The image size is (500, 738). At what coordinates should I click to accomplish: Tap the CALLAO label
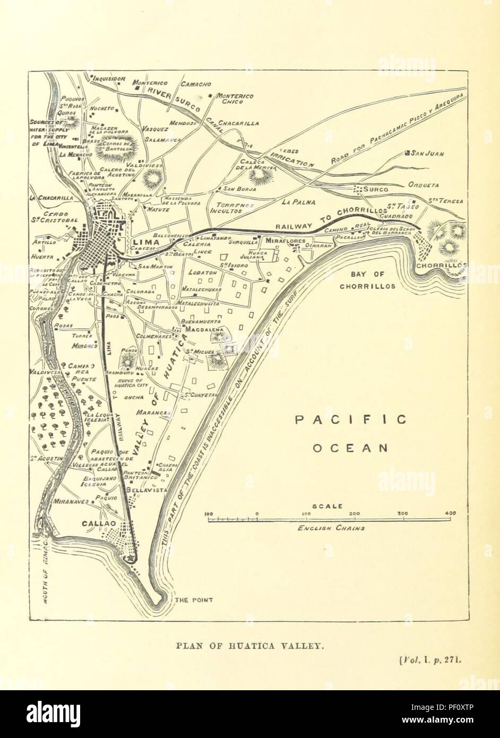click(x=99, y=523)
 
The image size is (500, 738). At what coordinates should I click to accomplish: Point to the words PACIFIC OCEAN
click(x=351, y=433)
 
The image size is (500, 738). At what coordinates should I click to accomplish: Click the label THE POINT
click(x=194, y=600)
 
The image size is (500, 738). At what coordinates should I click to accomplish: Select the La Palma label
click(x=299, y=202)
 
